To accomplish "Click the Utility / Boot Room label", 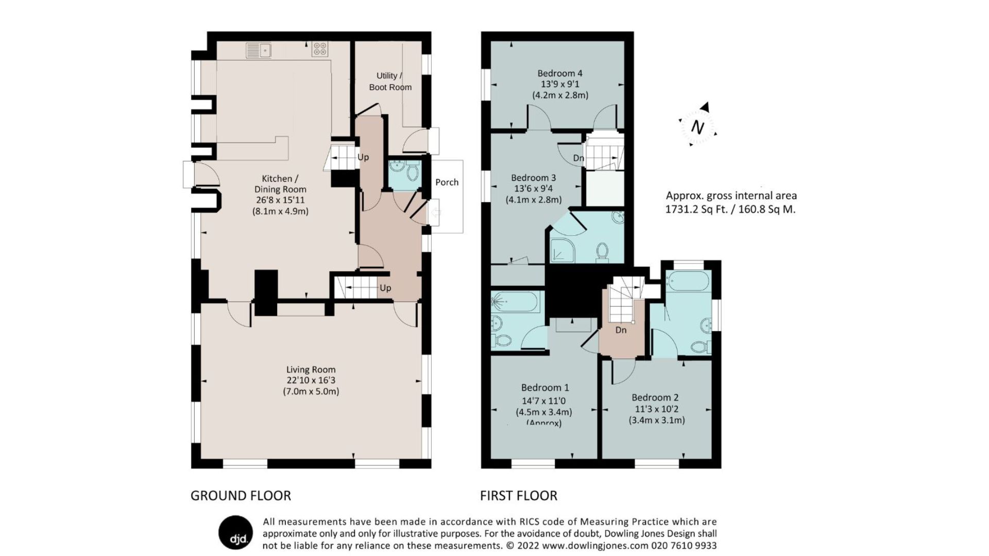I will coord(390,81).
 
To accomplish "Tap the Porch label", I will coord(447,182).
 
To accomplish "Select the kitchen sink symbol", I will coord(259,50).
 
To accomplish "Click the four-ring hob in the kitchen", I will coord(319,49).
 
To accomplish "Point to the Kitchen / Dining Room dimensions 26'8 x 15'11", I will coord(280,200).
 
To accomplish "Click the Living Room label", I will coord(311,370).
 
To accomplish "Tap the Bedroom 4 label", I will coord(559,73).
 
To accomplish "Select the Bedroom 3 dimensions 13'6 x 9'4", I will coord(533,189).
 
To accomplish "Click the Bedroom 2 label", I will coord(655,397).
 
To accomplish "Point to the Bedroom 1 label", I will coord(544,388).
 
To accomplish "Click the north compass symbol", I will coord(698,126).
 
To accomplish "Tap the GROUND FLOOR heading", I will coord(241,496).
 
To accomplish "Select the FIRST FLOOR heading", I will coord(518,496).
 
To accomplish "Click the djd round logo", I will coord(236,532).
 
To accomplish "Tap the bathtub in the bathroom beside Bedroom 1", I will coord(515,302).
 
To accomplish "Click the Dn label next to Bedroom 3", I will coord(578,158).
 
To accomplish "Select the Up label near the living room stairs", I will coord(385,288).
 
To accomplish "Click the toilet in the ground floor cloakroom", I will coord(413,172).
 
